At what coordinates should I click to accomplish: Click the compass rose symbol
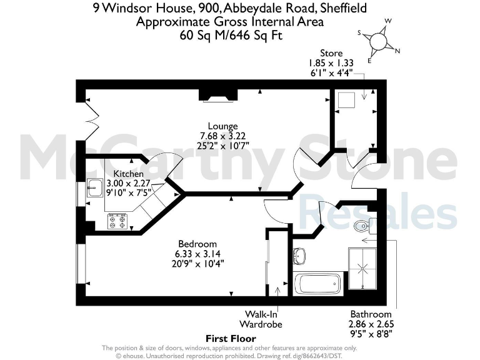tap(379, 41)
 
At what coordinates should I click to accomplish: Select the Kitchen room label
tap(129, 173)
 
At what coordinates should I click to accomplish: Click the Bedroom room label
tap(197, 244)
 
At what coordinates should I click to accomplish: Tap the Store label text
tap(331, 53)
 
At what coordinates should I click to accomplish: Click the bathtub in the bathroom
tap(318, 284)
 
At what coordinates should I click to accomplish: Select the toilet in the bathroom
tap(361, 226)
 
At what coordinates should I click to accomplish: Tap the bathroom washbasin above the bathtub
tap(299, 255)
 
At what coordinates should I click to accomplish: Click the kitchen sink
tap(95, 187)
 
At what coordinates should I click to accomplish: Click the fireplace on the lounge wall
tap(218, 95)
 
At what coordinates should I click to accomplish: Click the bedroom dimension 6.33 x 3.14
tap(197, 254)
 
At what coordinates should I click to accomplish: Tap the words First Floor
tap(231, 338)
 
